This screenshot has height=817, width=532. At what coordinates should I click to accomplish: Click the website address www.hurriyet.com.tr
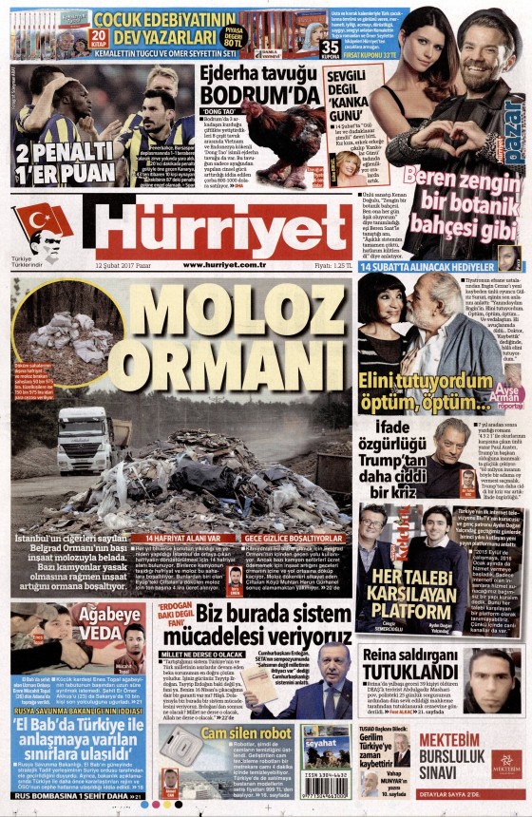click(x=222, y=265)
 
